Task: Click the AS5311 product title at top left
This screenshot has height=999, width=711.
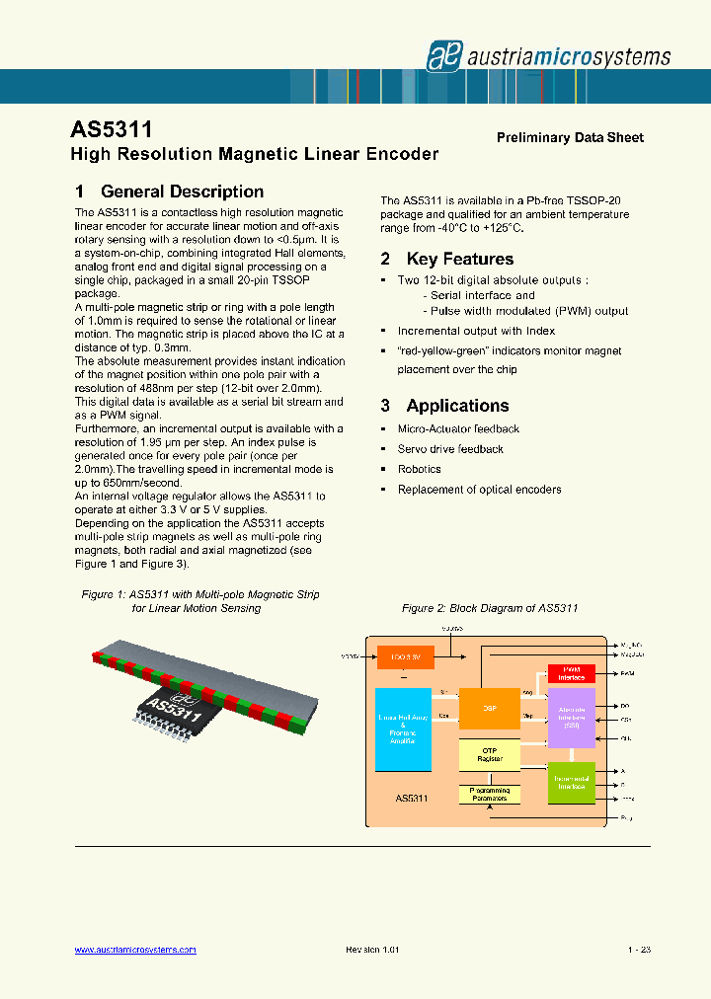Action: pyautogui.click(x=112, y=131)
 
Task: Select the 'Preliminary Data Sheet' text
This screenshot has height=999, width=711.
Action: pyautogui.click(x=570, y=137)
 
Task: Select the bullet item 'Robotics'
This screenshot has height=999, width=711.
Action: pyautogui.click(x=419, y=469)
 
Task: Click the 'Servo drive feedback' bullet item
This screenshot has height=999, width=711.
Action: pyautogui.click(x=449, y=449)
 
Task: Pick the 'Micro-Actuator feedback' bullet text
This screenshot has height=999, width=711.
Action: pyautogui.click(x=458, y=428)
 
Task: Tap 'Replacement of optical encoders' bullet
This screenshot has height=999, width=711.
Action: pyautogui.click(x=479, y=490)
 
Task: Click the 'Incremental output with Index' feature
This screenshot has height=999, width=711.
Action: pyautogui.click(x=476, y=331)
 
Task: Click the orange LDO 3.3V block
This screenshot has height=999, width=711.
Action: pyautogui.click(x=405, y=655)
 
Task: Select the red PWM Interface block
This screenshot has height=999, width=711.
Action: pyautogui.click(x=571, y=673)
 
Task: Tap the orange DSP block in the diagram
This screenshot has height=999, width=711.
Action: pyautogui.click(x=489, y=709)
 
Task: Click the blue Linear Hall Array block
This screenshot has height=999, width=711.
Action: pyautogui.click(x=404, y=729)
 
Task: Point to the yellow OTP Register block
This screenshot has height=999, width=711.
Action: pyautogui.click(x=489, y=755)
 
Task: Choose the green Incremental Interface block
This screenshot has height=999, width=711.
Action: pyautogui.click(x=571, y=782)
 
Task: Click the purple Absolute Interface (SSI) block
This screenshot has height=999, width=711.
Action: pyautogui.click(x=571, y=718)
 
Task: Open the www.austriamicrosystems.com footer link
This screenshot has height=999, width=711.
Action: pyautogui.click(x=135, y=950)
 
